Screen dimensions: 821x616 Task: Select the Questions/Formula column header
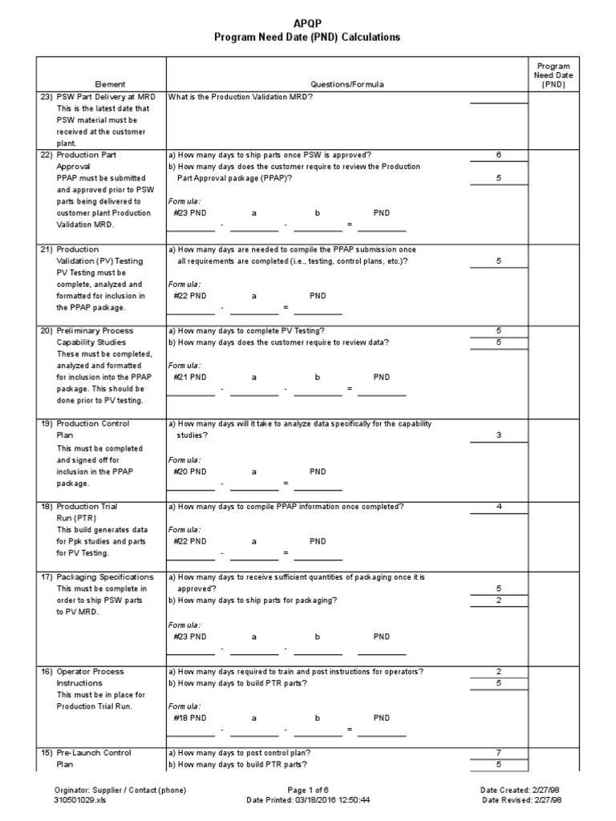tap(347, 84)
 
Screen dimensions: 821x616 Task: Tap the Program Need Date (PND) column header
tap(553, 75)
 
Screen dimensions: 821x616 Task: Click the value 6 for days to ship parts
tap(498, 155)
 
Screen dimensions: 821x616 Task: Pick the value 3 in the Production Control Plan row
tap(498, 435)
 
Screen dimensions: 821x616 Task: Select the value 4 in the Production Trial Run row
tap(498, 507)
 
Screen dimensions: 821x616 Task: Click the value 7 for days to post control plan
tap(498, 753)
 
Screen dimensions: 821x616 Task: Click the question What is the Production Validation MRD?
tap(241, 96)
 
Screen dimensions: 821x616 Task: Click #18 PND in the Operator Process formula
tap(190, 718)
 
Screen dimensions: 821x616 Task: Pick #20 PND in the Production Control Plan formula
tap(190, 472)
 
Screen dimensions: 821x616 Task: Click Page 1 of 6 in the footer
tap(309, 790)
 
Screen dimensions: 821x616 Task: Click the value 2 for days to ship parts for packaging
tap(498, 601)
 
